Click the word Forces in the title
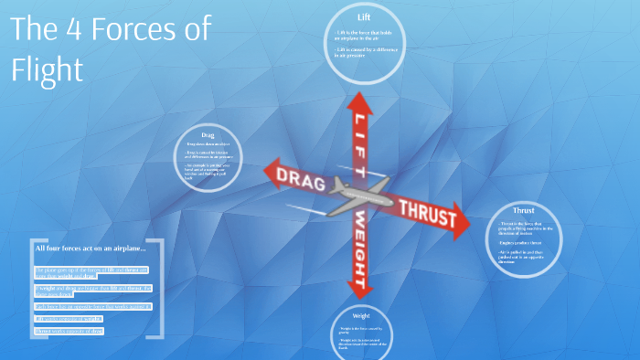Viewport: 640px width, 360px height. [137, 30]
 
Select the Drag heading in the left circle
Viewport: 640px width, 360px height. [208, 135]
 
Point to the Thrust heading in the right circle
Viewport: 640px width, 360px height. [524, 210]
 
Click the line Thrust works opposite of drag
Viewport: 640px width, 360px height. [70, 330]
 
